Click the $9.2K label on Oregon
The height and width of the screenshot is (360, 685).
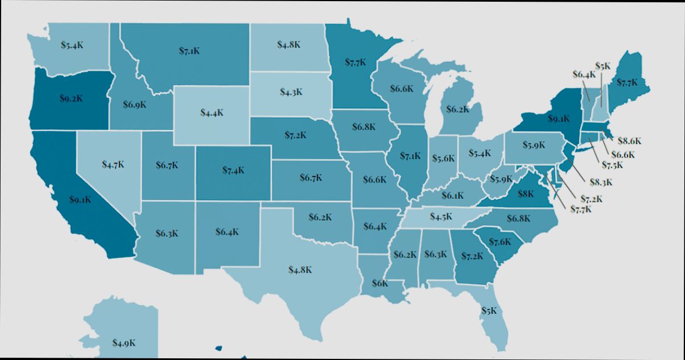(x=71, y=98)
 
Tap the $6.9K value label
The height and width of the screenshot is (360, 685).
(x=135, y=104)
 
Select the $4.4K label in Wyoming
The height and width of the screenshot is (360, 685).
(x=212, y=112)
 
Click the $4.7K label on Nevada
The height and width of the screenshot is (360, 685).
(x=113, y=165)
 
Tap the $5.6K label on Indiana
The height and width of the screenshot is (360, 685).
(x=443, y=158)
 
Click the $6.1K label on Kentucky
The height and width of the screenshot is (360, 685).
(x=452, y=195)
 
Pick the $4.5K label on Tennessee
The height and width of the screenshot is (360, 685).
(x=441, y=216)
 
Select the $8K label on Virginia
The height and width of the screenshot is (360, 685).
(x=525, y=194)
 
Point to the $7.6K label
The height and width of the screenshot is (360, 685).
(x=500, y=241)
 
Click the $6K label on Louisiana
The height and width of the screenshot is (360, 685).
(x=380, y=283)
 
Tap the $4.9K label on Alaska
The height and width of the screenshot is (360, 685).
(x=124, y=343)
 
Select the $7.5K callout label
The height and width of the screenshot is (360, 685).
(x=611, y=165)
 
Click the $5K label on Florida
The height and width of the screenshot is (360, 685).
(x=489, y=310)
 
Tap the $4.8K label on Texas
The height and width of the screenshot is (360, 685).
(x=300, y=269)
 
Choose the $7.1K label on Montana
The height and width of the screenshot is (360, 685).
(x=189, y=51)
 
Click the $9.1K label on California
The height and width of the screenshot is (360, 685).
(x=80, y=199)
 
